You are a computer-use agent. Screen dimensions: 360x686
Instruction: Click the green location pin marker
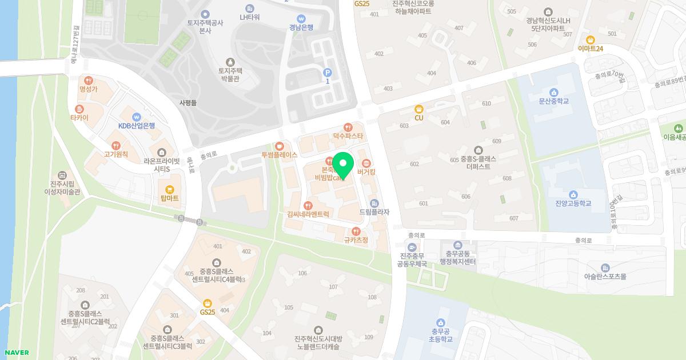[342, 165]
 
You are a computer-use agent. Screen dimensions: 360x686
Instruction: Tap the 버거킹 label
[366, 171]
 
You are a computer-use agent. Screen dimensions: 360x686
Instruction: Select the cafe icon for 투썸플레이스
[280, 146]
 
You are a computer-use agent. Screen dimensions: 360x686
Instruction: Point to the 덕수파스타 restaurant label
[348, 136]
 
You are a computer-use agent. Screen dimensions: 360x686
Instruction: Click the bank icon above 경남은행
[301, 18]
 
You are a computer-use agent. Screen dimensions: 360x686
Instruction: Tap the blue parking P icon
[328, 72]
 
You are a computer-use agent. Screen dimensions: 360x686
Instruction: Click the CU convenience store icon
[418, 109]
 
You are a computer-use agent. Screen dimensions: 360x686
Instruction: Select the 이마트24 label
[591, 49]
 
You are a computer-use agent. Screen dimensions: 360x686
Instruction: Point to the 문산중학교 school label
[553, 101]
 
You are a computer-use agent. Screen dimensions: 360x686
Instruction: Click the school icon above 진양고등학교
[573, 194]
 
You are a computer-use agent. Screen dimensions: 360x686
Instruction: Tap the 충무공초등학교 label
[440, 335]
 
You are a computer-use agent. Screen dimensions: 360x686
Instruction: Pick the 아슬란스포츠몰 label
[605, 276]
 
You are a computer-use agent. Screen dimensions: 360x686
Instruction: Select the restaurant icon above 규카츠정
[356, 231]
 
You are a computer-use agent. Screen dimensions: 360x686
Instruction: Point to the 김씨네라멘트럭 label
[309, 214]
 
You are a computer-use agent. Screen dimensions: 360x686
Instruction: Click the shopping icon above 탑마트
[169, 189]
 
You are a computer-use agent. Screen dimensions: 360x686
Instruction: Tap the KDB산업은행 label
[137, 125]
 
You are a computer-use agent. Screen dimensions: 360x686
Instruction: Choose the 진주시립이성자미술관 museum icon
[62, 175]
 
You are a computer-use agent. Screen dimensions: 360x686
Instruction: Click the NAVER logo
[17, 353]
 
